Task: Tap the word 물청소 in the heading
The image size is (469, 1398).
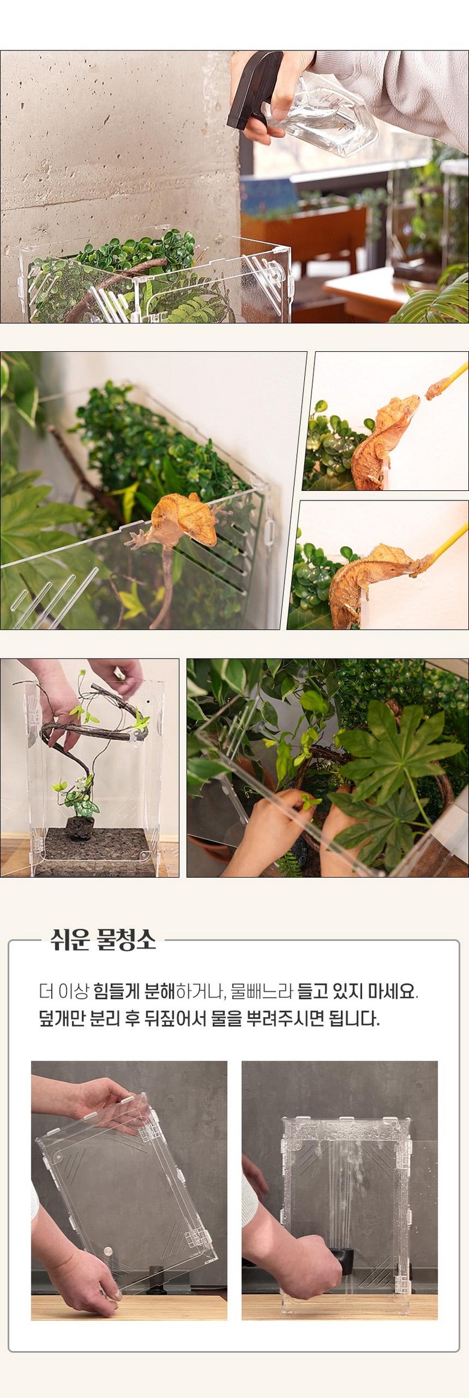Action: [127, 939]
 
